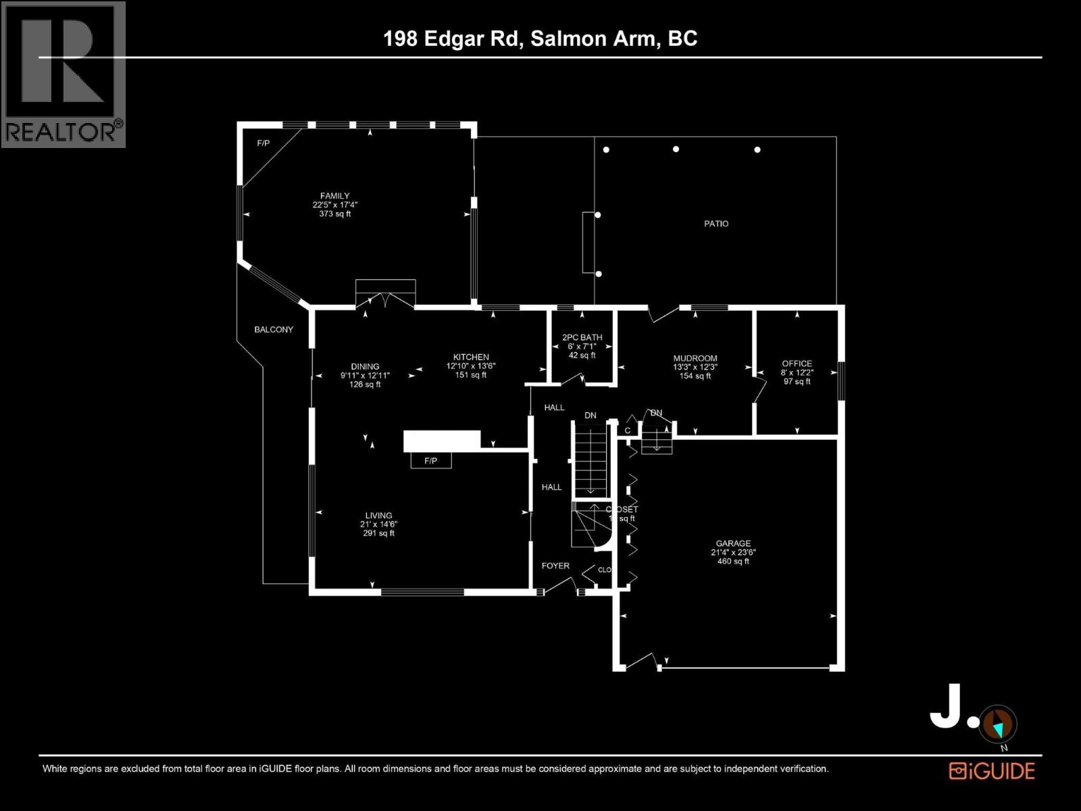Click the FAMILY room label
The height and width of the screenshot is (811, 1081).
pyautogui.click(x=335, y=196)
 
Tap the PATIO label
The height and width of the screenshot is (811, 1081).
pyautogui.click(x=716, y=224)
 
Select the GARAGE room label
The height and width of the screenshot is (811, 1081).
pyautogui.click(x=733, y=543)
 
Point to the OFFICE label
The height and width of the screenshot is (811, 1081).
pyautogui.click(x=797, y=364)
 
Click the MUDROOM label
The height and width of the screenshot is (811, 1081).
pyautogui.click(x=695, y=359)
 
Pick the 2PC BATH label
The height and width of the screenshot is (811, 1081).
pyautogui.click(x=582, y=337)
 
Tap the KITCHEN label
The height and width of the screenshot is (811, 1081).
pyautogui.click(x=471, y=358)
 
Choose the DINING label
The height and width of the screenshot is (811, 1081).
pyautogui.click(x=365, y=367)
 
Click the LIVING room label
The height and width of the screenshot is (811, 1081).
pyautogui.click(x=378, y=516)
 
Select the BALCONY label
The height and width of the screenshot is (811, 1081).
pyautogui.click(x=274, y=330)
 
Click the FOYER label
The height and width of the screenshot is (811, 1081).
pyautogui.click(x=555, y=566)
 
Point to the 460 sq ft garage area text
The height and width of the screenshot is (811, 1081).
pyautogui.click(x=733, y=561)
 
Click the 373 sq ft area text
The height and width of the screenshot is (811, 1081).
pyautogui.click(x=335, y=214)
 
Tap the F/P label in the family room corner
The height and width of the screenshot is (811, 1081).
pyautogui.click(x=263, y=143)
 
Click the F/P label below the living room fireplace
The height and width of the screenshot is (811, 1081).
pyautogui.click(x=430, y=461)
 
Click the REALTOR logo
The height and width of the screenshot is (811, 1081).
pyautogui.click(x=64, y=74)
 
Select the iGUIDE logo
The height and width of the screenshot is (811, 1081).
pyautogui.click(x=992, y=771)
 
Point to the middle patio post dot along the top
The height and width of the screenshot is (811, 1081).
pyautogui.click(x=676, y=149)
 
